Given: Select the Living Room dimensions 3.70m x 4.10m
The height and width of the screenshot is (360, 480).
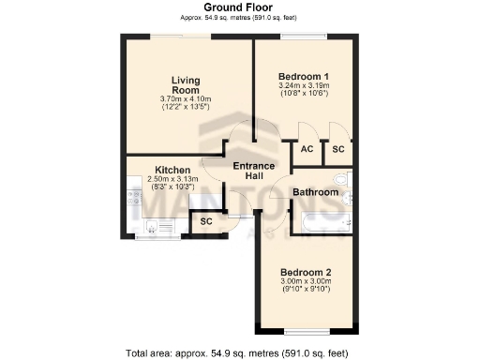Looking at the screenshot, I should click(185, 98).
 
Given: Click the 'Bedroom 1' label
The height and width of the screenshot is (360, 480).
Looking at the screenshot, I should click(303, 76).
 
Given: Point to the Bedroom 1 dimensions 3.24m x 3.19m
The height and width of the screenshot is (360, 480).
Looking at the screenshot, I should click(303, 87).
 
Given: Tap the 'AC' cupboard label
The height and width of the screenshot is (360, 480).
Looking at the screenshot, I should click(307, 149).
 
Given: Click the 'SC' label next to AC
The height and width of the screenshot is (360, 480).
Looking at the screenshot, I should click(338, 149).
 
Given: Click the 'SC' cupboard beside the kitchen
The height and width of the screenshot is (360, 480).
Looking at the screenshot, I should click(205, 222).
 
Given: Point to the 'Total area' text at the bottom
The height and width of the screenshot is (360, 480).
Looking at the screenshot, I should click(239, 353).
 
